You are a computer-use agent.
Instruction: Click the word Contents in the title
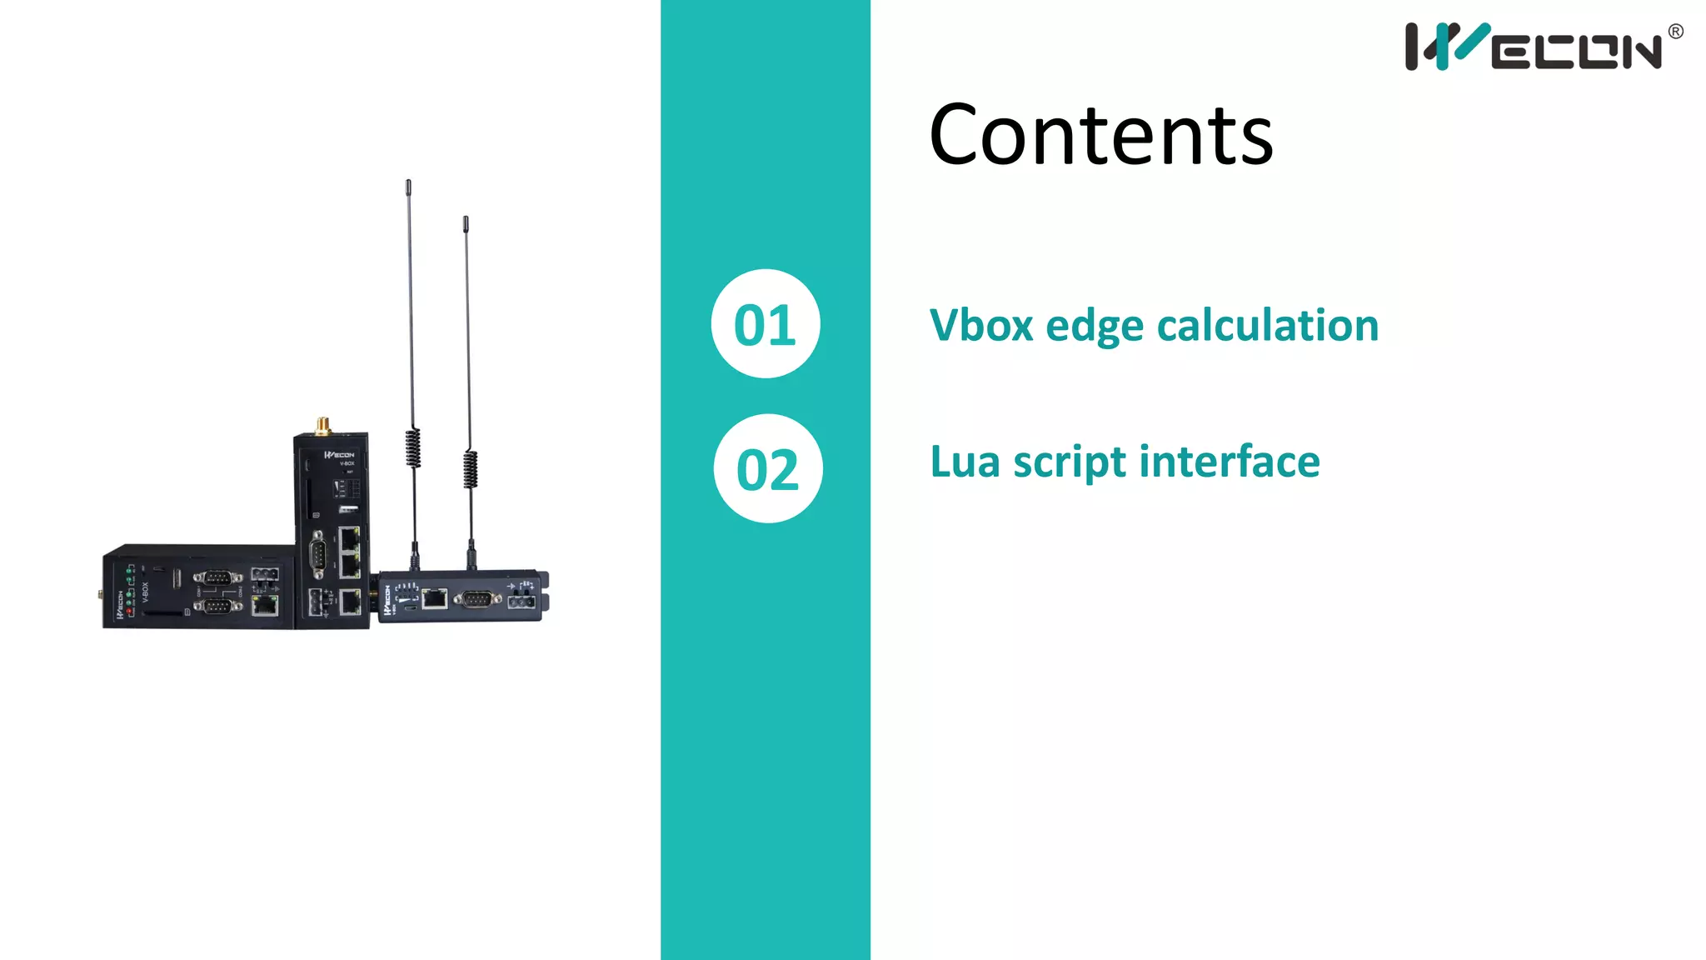1100,135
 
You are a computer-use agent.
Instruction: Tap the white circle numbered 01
766,324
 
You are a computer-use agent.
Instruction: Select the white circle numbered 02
768,469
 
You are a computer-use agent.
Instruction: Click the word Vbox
981,325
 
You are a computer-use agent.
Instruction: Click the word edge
1095,327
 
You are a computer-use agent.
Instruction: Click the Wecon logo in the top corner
1533,47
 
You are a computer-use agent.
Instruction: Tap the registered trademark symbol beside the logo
1676,32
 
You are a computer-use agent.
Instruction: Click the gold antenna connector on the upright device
322,426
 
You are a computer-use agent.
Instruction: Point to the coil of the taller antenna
413,447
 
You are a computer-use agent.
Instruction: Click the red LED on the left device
129,612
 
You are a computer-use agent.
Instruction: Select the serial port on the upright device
317,553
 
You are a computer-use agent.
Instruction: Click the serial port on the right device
476,598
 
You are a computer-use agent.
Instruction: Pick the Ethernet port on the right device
434,597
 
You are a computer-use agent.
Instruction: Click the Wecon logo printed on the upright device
340,455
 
